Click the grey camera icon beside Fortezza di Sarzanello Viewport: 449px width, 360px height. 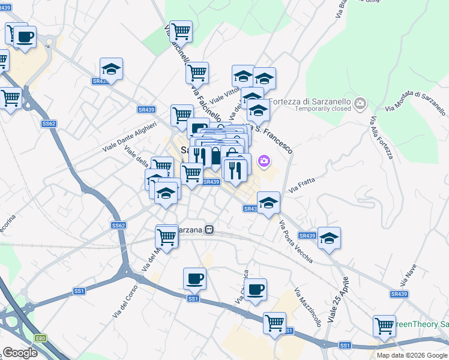(x=360, y=104)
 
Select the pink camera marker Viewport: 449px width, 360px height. (x=264, y=161)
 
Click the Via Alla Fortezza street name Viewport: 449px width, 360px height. (x=381, y=138)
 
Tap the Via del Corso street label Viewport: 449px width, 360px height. (x=125, y=301)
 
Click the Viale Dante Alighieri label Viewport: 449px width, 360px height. (x=130, y=137)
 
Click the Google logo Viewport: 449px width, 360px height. (x=19, y=353)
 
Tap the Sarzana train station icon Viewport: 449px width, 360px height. (x=209, y=229)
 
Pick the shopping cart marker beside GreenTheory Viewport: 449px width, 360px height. (x=384, y=326)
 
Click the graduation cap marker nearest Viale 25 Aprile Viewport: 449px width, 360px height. (x=329, y=238)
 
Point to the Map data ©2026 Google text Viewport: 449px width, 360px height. (x=412, y=355)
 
